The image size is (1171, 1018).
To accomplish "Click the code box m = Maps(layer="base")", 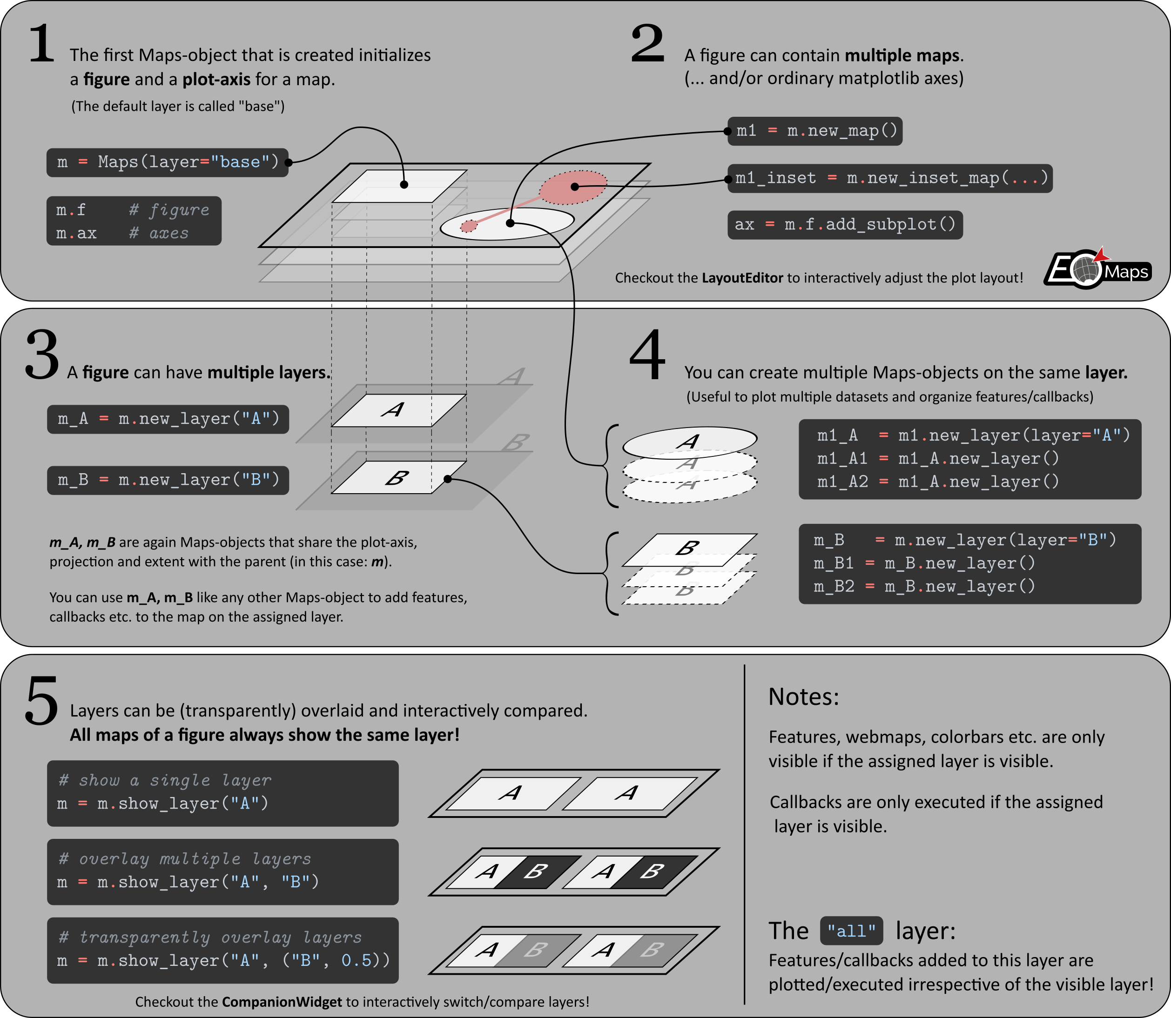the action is pyautogui.click(x=168, y=162).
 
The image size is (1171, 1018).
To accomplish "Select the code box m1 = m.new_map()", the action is pyautogui.click(x=815, y=131).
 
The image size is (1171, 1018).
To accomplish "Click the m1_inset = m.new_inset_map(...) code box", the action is pyautogui.click(x=890, y=178).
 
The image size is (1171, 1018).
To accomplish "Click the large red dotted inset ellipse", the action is pyautogui.click(x=573, y=187).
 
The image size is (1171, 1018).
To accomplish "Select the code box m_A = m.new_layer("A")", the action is pyautogui.click(x=168, y=419).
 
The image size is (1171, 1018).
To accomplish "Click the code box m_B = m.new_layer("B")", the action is pyautogui.click(x=168, y=481).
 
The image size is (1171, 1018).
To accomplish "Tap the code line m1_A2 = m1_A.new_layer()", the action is pyautogui.click(x=938, y=482).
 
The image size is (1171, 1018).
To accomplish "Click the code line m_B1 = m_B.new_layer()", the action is pyautogui.click(x=924, y=563).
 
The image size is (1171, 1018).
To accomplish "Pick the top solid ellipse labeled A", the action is pyautogui.click(x=690, y=442).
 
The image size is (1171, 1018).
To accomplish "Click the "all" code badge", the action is pyautogui.click(x=851, y=931).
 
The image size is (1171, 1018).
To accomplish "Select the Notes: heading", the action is pyautogui.click(x=803, y=697).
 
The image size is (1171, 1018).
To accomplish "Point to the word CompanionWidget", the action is pyautogui.click(x=282, y=1002).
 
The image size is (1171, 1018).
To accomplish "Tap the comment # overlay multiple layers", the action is pyautogui.click(x=185, y=858).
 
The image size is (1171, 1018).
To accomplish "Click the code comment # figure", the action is pyautogui.click(x=169, y=210).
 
